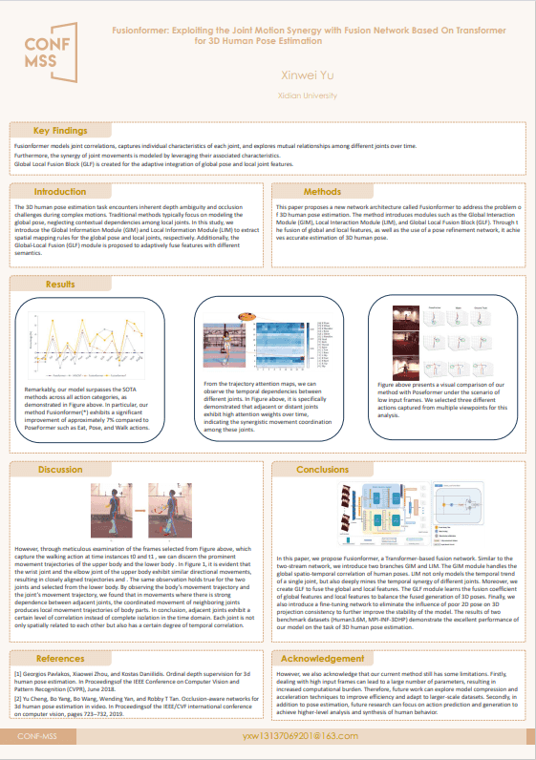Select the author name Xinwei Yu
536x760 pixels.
(x=320, y=74)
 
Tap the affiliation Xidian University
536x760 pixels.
(x=320, y=95)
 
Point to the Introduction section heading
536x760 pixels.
(x=60, y=192)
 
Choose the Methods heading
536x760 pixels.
(x=322, y=192)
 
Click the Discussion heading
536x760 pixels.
(x=60, y=470)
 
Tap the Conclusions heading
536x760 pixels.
(x=322, y=470)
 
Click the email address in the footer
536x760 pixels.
(x=299, y=737)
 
